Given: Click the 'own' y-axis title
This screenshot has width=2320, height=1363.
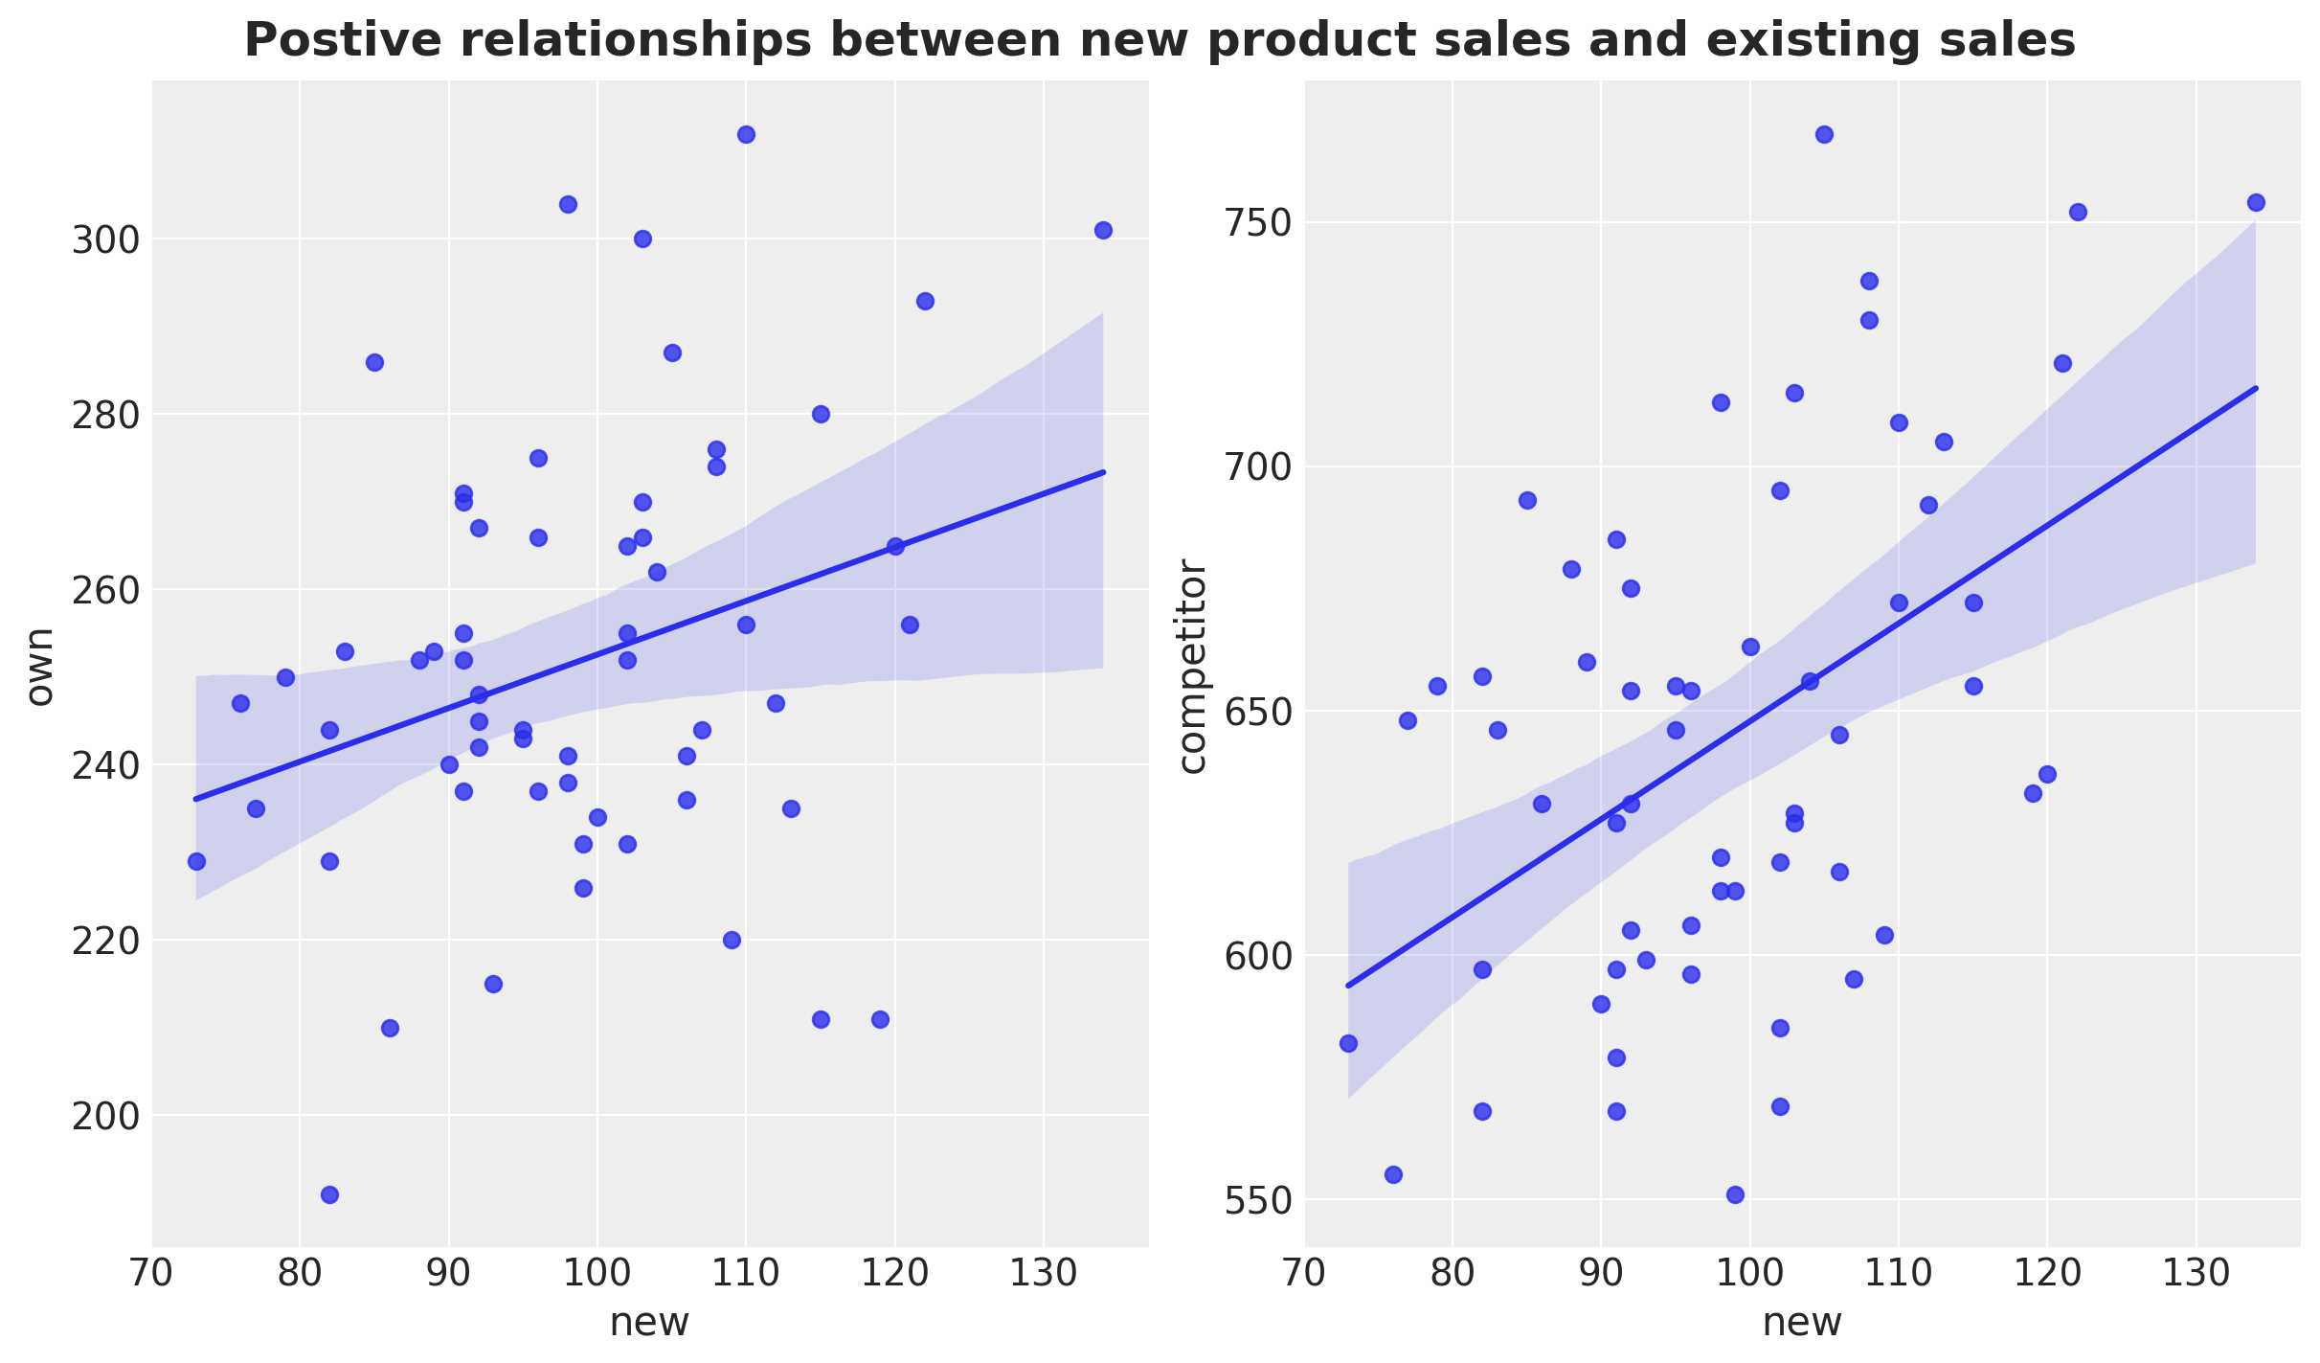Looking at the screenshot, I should click(x=39, y=667).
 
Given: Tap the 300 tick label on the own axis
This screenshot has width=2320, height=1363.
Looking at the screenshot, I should click(x=102, y=239).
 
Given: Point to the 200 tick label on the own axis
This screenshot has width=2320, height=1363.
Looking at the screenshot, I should click(x=102, y=1116).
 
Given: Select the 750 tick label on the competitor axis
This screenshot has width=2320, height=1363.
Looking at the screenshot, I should click(x=1255, y=223).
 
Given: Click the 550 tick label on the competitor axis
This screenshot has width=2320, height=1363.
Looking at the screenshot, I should click(x=1255, y=1200).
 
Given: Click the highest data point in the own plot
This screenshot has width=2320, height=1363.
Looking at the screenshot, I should click(x=746, y=134).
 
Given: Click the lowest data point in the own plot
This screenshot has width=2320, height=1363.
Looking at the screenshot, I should click(x=329, y=1194).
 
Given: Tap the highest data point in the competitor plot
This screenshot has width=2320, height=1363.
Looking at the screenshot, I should click(x=1824, y=134).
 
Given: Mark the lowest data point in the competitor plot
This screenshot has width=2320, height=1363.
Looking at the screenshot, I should click(x=1735, y=1194).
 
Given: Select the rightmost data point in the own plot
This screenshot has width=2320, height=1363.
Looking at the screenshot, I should click(x=1103, y=230).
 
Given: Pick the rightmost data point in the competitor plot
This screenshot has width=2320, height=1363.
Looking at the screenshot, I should click(x=2256, y=202).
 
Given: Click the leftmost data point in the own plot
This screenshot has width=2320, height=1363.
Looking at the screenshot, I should click(x=196, y=861).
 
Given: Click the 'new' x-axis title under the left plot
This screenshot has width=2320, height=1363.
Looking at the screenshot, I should click(x=649, y=1323).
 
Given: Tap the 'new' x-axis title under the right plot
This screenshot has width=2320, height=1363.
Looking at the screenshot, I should click(x=1802, y=1323).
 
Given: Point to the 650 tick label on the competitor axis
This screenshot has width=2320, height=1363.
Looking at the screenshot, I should click(x=1255, y=712).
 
